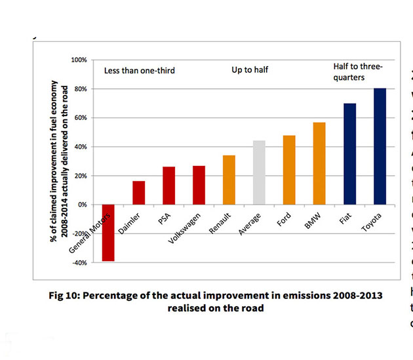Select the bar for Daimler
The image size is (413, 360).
click(x=139, y=193)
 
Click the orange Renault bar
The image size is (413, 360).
click(x=229, y=180)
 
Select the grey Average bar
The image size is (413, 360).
click(x=259, y=172)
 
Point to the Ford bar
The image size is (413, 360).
click(x=289, y=170)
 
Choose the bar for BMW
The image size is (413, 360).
click(x=319, y=163)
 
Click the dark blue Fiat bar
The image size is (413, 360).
click(x=349, y=153)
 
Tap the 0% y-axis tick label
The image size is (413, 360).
click(x=82, y=205)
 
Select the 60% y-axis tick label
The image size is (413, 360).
click(x=80, y=118)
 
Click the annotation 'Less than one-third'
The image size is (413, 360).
click(x=140, y=70)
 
